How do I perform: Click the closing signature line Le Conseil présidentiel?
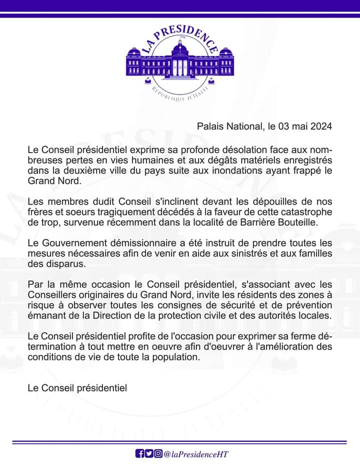77,388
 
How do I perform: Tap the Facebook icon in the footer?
140,453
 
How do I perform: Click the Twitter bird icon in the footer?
149,453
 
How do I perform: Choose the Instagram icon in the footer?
158,453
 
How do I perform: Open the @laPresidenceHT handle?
195,454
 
